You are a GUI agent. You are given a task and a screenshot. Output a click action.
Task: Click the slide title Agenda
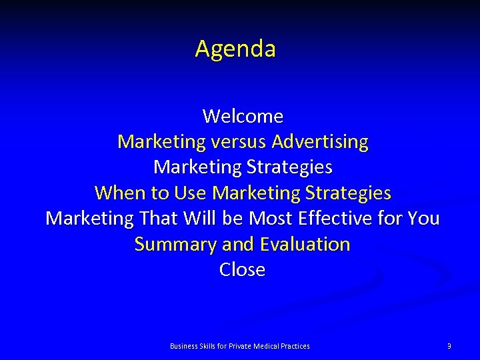(x=235, y=49)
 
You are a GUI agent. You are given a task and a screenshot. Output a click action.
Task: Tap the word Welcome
(x=243, y=117)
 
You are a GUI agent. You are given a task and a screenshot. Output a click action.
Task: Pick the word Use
(x=190, y=193)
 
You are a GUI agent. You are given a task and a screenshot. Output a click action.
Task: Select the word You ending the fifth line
(x=423, y=219)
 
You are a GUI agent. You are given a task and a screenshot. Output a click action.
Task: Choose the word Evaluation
(x=305, y=245)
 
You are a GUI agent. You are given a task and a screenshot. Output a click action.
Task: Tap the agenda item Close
(x=243, y=270)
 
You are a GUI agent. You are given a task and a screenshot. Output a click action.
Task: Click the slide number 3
(x=449, y=346)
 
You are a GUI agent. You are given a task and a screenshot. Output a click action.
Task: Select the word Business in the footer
(x=183, y=346)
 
